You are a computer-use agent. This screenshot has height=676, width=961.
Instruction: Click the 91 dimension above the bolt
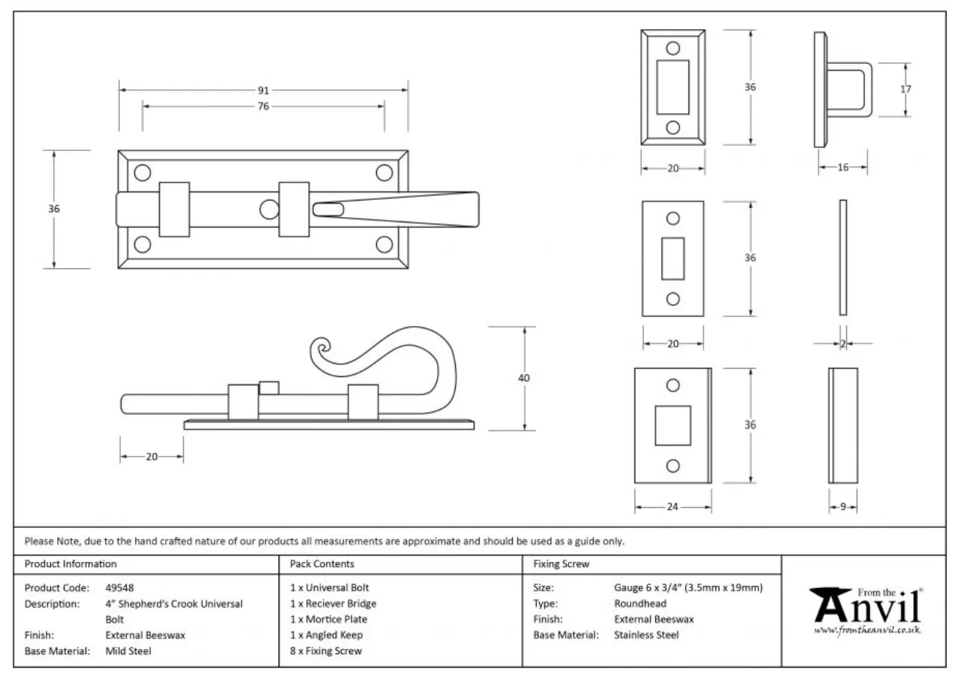pos(264,90)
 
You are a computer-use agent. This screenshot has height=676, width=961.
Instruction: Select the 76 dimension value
pos(263,107)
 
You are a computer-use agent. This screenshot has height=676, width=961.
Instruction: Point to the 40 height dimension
pos(524,378)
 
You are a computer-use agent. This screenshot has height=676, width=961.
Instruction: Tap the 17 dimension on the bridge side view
pos(905,89)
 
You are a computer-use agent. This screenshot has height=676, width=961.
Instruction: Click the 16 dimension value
pos(843,167)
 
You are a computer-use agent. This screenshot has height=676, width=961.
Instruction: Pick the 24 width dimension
pos(673,507)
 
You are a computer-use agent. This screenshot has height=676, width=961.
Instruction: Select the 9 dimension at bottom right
pos(843,507)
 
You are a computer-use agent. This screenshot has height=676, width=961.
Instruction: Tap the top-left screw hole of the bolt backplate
pos(142,174)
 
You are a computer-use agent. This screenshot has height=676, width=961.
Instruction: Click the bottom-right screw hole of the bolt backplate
pos(384,244)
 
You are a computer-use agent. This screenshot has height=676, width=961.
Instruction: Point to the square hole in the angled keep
pos(673,425)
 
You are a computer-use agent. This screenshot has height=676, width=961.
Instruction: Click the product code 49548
pos(120,588)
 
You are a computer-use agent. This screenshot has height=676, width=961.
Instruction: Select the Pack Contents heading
pos(322,564)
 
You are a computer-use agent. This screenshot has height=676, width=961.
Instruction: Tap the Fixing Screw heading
pos(561,564)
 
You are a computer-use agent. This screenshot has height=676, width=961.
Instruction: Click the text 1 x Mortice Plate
pos(329,620)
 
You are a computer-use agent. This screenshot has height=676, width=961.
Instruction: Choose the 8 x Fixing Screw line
pos(326,651)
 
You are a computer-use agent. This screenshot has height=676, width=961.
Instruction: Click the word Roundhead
pos(640,604)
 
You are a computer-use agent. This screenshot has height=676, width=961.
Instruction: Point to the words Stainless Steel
pos(646,635)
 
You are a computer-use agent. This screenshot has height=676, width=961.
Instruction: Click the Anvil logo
pos(866,608)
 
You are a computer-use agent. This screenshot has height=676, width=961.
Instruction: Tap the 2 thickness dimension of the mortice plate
pos(843,344)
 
